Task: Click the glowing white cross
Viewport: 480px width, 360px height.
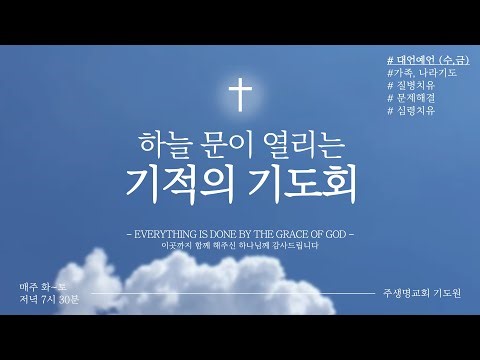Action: [240, 96]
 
